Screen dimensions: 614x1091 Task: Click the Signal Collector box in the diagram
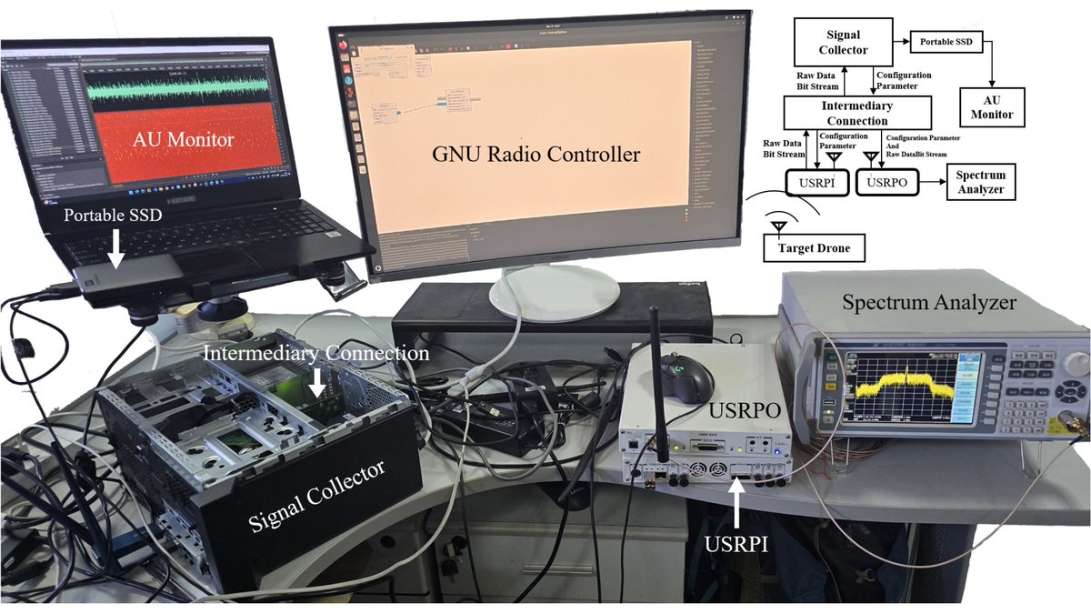pos(842,42)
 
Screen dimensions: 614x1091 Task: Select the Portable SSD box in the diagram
pos(946,42)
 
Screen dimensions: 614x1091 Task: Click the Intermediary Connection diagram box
pos(857,114)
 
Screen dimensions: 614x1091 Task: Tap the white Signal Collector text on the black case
pos(316,496)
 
